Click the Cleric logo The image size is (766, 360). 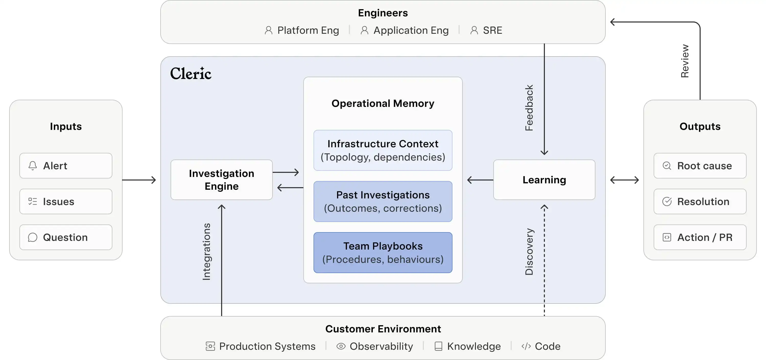191,74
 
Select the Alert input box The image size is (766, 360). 66,166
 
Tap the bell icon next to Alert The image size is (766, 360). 33,166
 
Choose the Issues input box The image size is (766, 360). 66,201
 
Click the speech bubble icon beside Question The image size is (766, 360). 33,237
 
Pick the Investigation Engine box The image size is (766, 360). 222,179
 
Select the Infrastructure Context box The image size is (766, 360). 383,150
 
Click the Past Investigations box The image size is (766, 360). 383,201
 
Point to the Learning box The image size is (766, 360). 544,179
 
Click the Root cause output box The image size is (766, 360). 700,166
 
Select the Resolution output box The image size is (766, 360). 700,201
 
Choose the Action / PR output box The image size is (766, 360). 700,237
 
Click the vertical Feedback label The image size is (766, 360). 529,108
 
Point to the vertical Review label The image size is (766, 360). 685,61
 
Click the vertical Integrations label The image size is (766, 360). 206,252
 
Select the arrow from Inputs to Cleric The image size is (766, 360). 139,180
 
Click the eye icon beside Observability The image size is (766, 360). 341,346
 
